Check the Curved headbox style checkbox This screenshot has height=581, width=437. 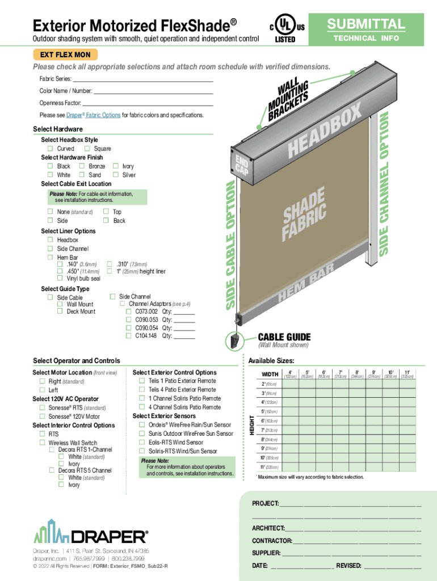[x=51, y=149]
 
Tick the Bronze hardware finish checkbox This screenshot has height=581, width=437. [x=82, y=166]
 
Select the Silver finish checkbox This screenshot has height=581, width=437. [x=116, y=175]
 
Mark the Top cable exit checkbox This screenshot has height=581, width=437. [x=106, y=212]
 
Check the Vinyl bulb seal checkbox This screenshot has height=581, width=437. [x=60, y=279]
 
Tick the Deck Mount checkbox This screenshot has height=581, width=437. [x=60, y=311]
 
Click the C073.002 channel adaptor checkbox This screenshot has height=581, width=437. [x=129, y=311]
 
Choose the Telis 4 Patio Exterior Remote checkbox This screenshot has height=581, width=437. [x=142, y=390]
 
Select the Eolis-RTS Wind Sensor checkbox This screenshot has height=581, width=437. [x=142, y=443]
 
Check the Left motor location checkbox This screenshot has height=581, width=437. [x=42, y=390]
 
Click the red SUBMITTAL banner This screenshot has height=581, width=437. [x=366, y=24]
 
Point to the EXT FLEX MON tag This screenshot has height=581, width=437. [x=66, y=55]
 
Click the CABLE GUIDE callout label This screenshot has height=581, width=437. [x=284, y=336]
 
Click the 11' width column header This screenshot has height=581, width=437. [x=407, y=374]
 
